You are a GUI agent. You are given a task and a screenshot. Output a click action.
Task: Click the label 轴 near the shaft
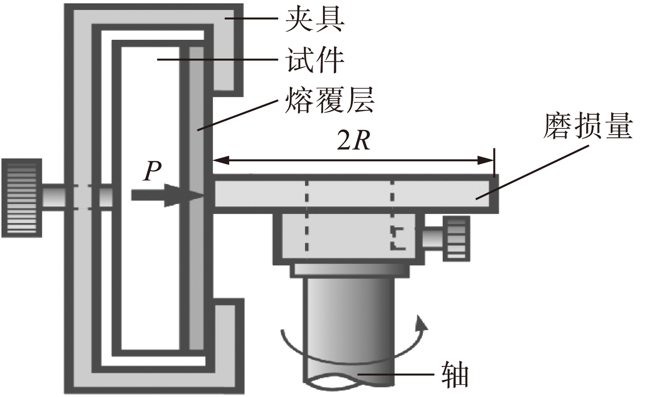(455, 375)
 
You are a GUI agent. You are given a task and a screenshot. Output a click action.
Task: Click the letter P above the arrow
(152, 171)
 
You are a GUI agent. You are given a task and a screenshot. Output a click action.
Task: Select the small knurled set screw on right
(456, 239)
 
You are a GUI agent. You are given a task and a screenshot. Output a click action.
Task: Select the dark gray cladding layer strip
(197, 195)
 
